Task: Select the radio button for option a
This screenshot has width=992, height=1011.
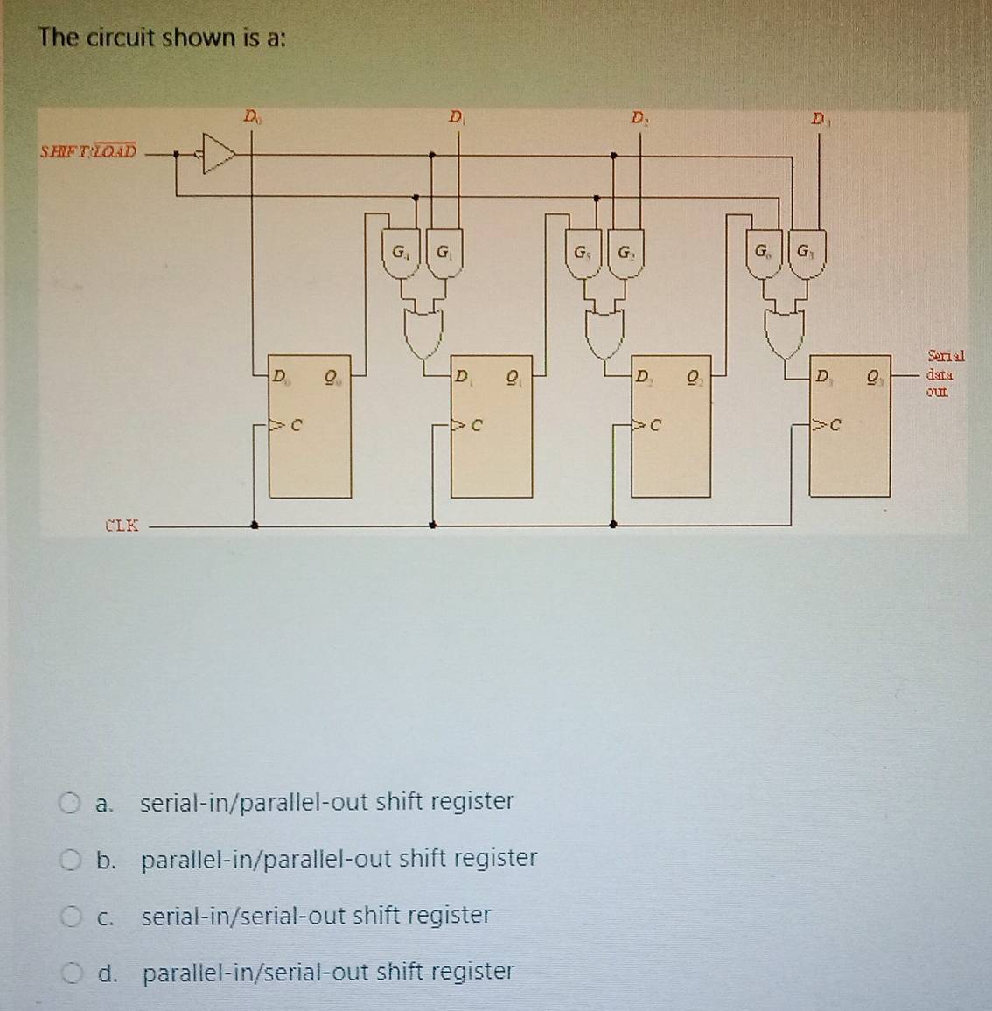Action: tap(70, 802)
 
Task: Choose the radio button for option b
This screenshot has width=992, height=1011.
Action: tap(70, 860)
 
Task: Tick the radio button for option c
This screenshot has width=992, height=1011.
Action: tap(70, 917)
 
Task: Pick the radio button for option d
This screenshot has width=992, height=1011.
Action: tap(70, 973)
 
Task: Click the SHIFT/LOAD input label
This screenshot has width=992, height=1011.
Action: tap(88, 150)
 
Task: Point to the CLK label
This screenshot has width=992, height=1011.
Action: tap(122, 526)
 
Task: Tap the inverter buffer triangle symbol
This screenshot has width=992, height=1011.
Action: tap(218, 155)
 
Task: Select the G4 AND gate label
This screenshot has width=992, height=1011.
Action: tap(400, 254)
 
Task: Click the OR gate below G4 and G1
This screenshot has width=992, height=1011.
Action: tap(424, 333)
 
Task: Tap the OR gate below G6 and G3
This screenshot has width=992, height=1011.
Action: tap(786, 333)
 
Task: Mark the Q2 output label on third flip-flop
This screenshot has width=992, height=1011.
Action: tap(694, 378)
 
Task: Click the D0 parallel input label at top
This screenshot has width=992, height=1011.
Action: tap(251, 115)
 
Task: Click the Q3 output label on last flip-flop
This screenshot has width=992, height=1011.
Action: tap(874, 378)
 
